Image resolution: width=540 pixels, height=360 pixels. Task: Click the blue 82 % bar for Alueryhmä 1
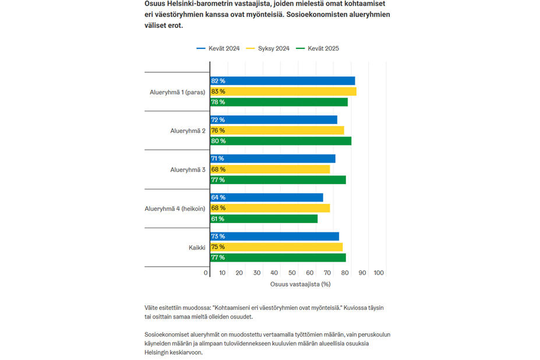click(x=282, y=81)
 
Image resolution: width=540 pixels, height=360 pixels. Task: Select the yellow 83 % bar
click(x=283, y=91)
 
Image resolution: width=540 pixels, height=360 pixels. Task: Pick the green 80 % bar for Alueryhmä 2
click(x=280, y=141)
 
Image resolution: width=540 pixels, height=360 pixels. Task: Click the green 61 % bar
click(x=264, y=219)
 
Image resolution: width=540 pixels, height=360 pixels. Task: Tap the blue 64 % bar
click(x=266, y=197)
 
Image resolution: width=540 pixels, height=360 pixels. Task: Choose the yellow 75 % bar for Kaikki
click(x=276, y=247)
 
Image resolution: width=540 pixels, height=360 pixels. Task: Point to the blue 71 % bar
click(x=273, y=158)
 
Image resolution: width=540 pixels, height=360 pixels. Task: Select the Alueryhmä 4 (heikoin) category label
click(x=175, y=209)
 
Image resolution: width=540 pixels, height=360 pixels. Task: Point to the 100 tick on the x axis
click(x=379, y=273)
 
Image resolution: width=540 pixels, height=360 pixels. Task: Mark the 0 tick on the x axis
click(x=206, y=273)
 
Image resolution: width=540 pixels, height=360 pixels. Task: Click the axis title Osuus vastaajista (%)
click(x=300, y=284)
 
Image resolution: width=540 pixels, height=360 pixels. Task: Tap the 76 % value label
click(x=218, y=130)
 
